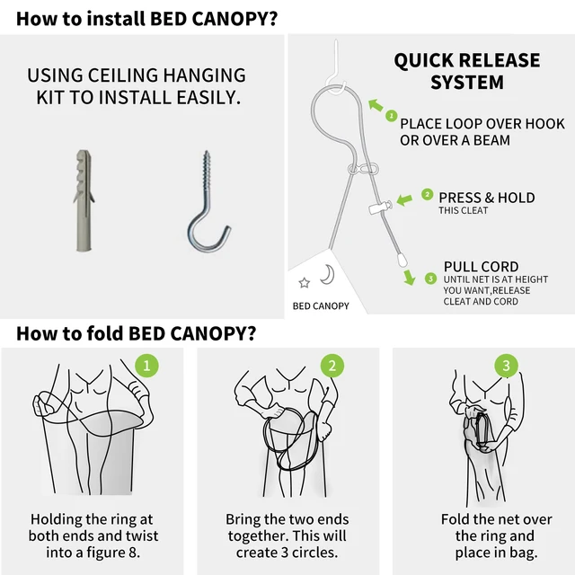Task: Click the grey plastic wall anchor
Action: pos(84,200)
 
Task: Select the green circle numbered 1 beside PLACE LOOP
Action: pos(392,116)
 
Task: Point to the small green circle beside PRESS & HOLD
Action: pos(428,194)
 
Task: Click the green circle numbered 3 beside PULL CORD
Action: pos(431,279)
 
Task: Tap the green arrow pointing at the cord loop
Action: pos(376,105)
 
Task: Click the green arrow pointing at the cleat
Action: pos(404,199)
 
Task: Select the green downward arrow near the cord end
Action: pos(410,278)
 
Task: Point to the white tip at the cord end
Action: pos(402,260)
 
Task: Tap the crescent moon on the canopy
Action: pos(327,274)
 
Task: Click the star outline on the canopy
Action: pos(304,283)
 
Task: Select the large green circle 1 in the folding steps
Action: pos(146,366)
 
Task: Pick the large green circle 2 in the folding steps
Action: pos(332,366)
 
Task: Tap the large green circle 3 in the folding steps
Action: pos(506,366)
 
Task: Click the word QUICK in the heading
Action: pos(423,61)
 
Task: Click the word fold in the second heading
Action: pos(104,333)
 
